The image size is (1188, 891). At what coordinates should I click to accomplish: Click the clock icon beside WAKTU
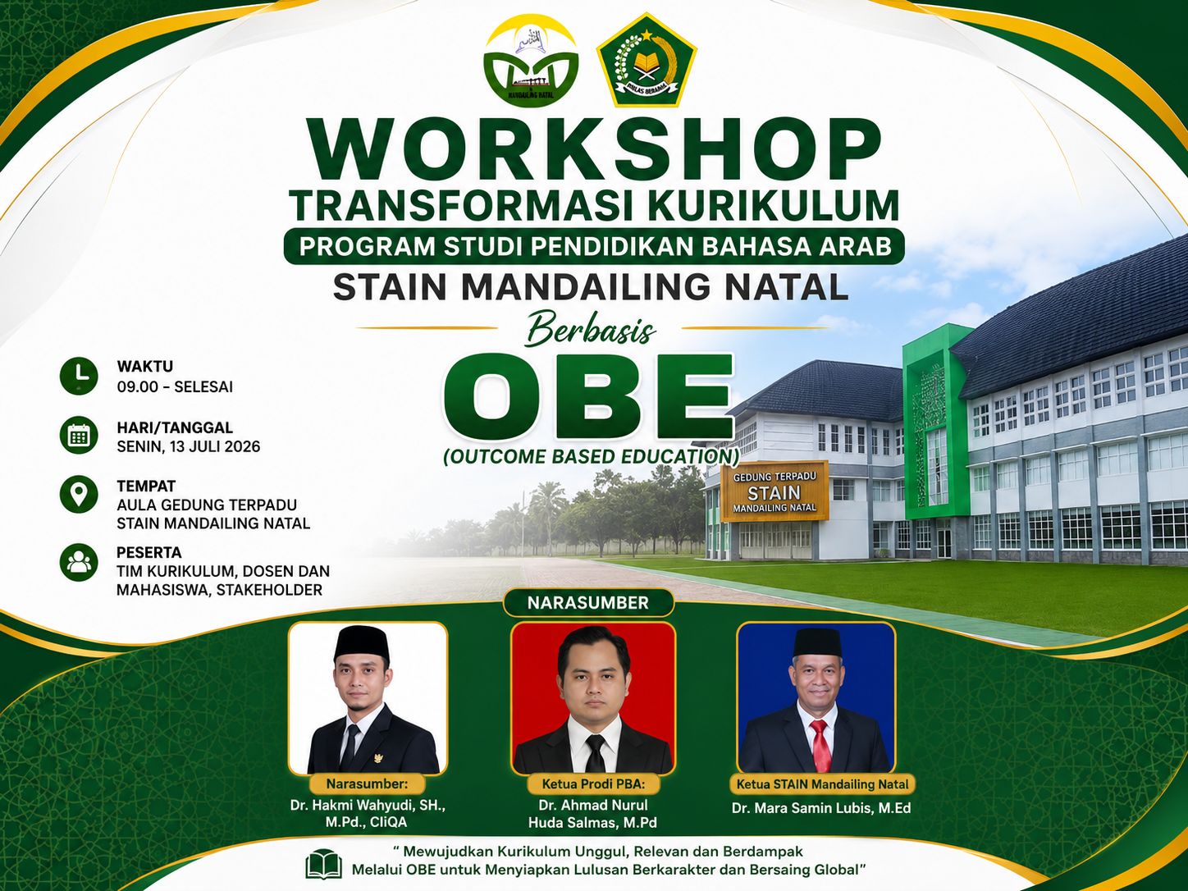(x=79, y=376)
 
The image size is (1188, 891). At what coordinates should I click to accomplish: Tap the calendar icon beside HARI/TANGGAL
(x=79, y=436)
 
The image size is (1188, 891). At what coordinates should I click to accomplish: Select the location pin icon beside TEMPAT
(x=79, y=494)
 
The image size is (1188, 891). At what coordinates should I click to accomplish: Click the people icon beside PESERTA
(x=79, y=562)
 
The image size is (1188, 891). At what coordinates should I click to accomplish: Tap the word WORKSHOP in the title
(x=593, y=149)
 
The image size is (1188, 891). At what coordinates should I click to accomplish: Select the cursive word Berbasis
(x=591, y=329)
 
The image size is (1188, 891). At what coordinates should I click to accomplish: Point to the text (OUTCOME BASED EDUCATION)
(x=591, y=456)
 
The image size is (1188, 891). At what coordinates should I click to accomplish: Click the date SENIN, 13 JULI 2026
(x=189, y=446)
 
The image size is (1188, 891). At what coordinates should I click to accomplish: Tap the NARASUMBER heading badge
(x=588, y=603)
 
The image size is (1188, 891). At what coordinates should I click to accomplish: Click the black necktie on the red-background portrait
(x=596, y=753)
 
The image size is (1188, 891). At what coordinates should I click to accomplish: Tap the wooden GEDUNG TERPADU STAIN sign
(x=774, y=491)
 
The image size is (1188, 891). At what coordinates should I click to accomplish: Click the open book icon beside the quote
(x=323, y=864)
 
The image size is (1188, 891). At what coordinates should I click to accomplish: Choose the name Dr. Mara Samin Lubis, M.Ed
(x=821, y=807)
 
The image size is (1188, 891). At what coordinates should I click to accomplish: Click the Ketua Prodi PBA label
(x=593, y=784)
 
